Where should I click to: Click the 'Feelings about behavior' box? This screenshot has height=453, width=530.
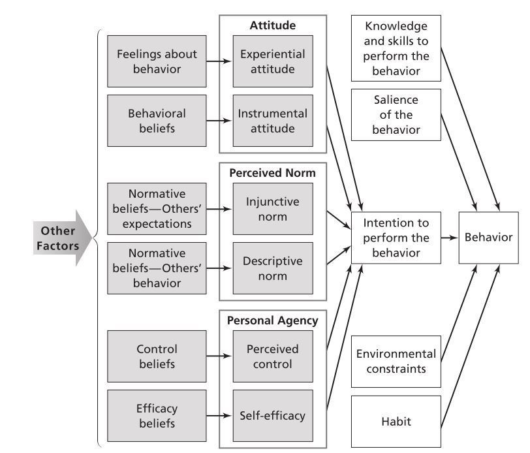[x=157, y=61]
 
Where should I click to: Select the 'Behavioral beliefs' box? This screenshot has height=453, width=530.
[x=157, y=120]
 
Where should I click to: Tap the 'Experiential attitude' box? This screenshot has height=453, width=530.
[x=272, y=61]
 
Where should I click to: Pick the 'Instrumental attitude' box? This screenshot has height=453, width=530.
[x=272, y=120]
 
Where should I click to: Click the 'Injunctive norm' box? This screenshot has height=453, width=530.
[x=272, y=209]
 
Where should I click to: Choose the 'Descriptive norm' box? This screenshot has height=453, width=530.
[x=272, y=268]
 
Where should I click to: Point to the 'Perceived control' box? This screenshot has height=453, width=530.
[x=272, y=356]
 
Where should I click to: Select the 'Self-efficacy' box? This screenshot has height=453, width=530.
[x=272, y=415]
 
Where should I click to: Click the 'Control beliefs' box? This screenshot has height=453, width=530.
[x=157, y=356]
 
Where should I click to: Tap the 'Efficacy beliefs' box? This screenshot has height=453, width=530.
[x=157, y=415]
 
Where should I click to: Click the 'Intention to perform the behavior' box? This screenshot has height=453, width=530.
[x=396, y=238]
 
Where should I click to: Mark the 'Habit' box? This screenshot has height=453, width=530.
[x=396, y=422]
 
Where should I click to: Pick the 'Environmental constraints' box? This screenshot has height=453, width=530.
[x=396, y=361]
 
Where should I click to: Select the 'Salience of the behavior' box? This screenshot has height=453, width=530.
[x=396, y=114]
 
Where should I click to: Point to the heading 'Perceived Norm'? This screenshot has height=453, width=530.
[x=272, y=174]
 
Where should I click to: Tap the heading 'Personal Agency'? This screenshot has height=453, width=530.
[x=272, y=320]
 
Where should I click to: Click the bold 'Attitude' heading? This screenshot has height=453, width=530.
[x=272, y=26]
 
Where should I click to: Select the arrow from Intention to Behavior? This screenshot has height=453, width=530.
[x=449, y=238]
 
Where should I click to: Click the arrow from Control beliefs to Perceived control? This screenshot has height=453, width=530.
[x=219, y=356]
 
